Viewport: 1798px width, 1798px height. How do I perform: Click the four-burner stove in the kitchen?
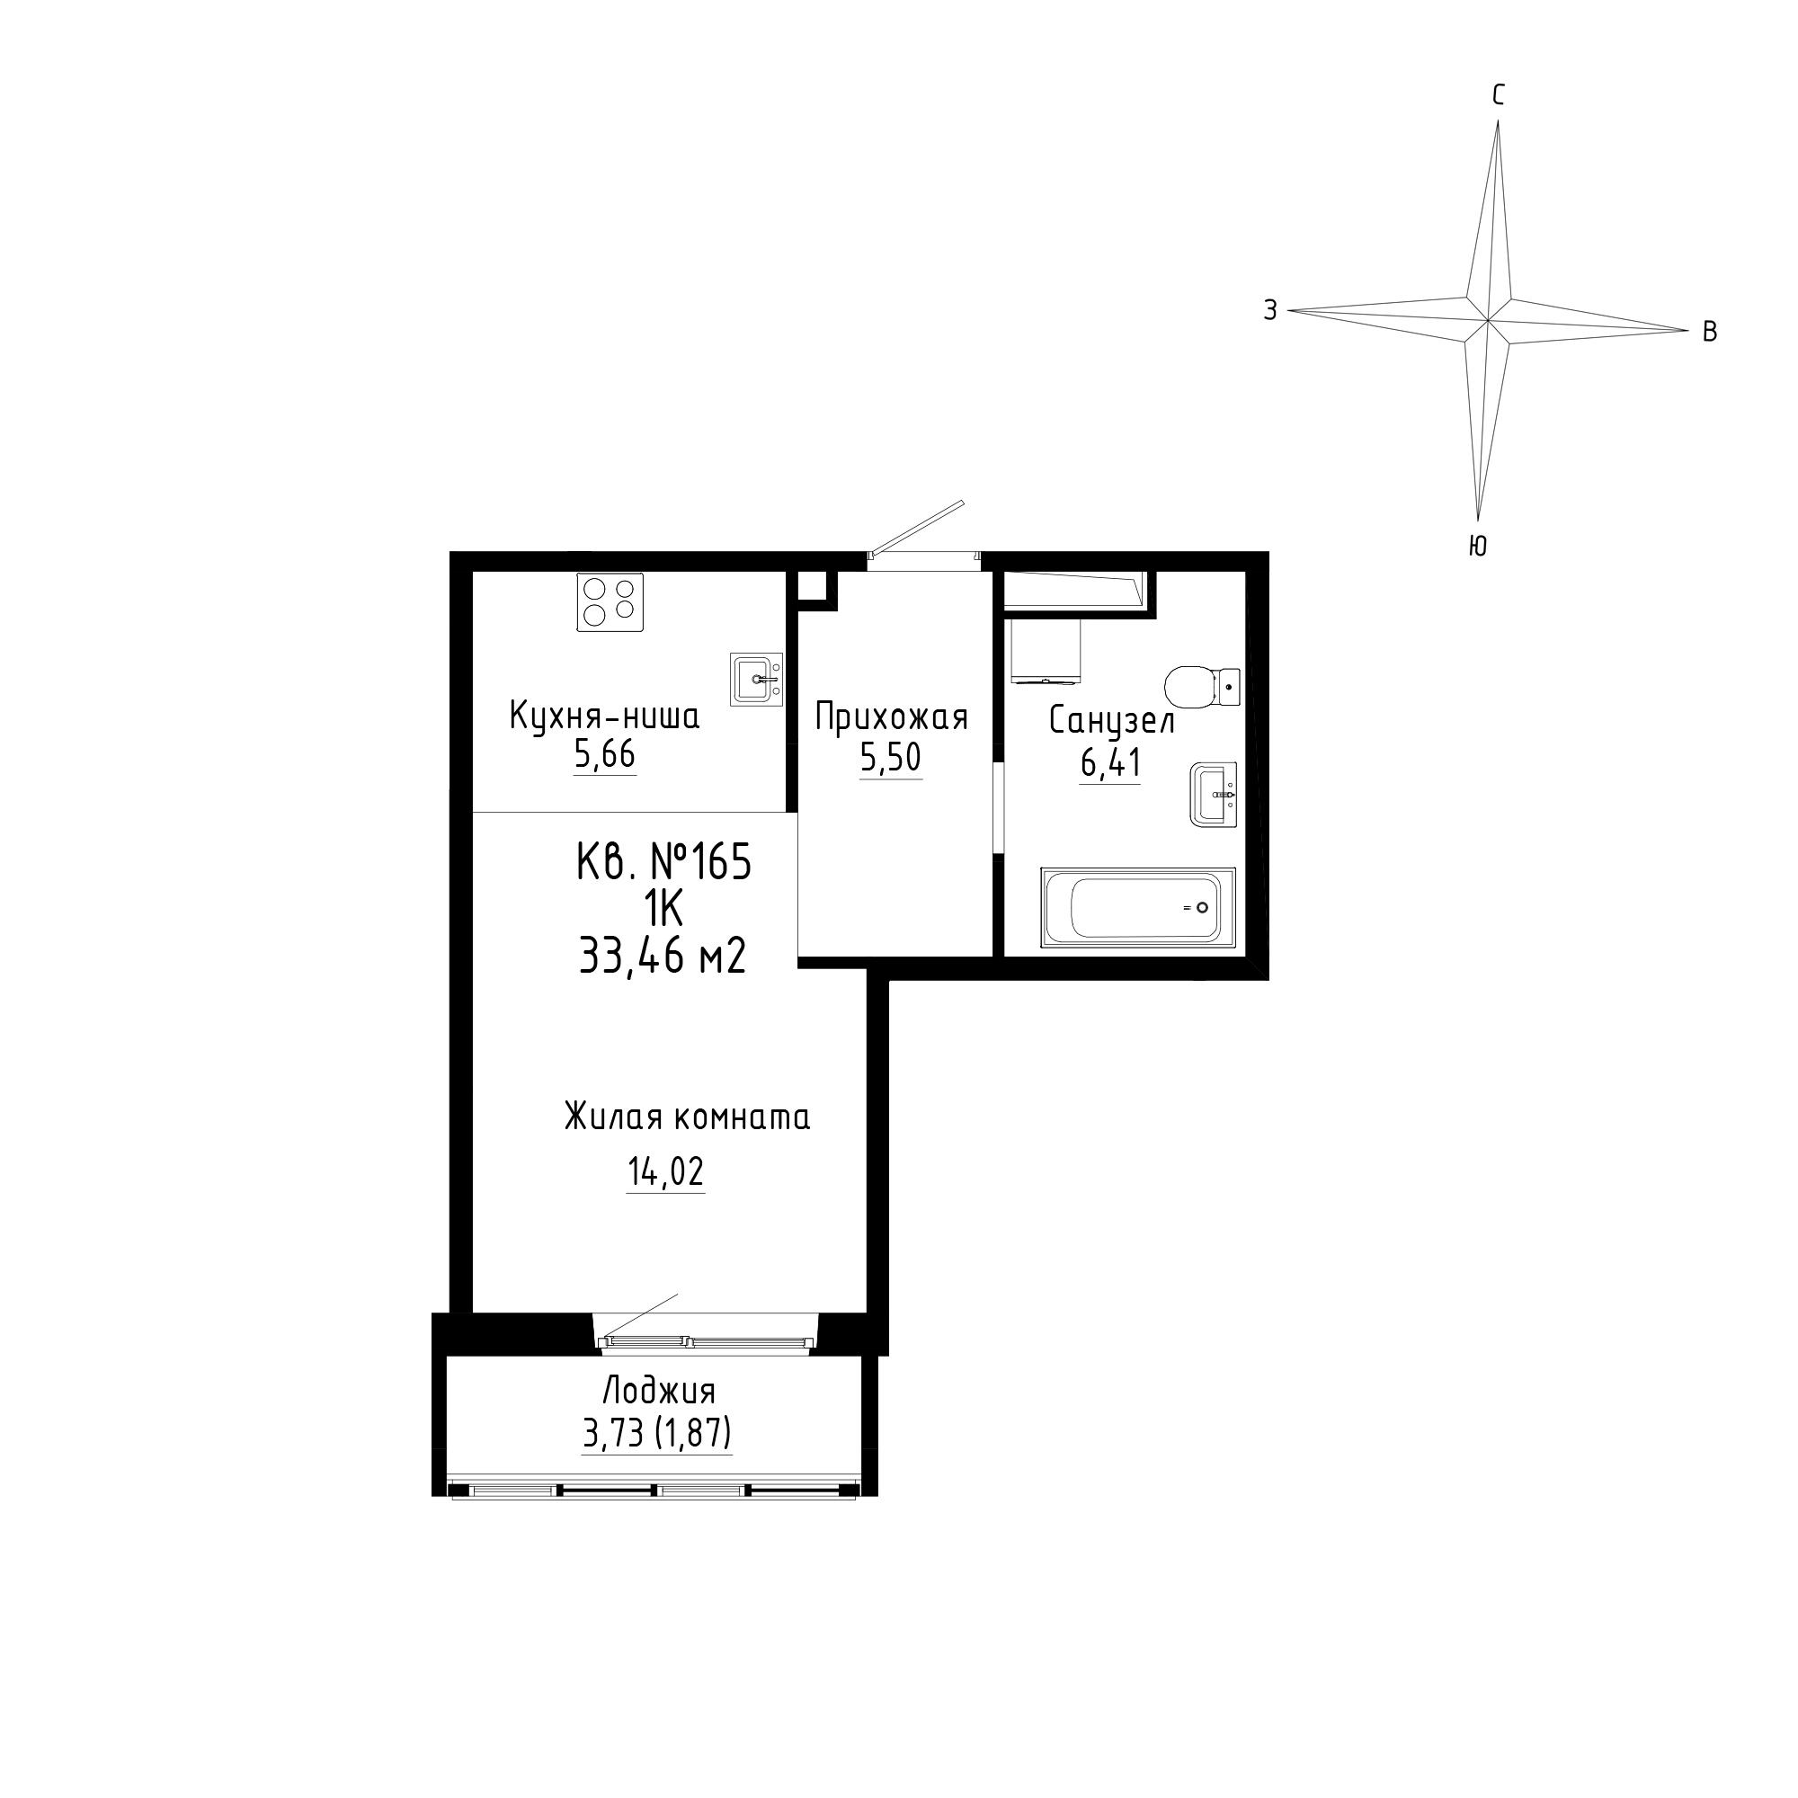pyautogui.click(x=610, y=602)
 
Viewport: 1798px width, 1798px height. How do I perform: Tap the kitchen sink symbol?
pyautogui.click(x=757, y=680)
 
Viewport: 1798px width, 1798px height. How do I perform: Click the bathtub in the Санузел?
pyautogui.click(x=1137, y=907)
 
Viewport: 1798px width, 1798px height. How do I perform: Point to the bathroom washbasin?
pyautogui.click(x=1214, y=794)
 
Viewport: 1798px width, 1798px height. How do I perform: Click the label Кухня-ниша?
pyautogui.click(x=605, y=717)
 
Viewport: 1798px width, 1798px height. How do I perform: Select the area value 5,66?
pyautogui.click(x=605, y=756)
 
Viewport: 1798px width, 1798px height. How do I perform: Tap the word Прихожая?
pyautogui.click(x=892, y=717)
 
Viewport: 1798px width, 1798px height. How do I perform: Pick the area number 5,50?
pyautogui.click(x=891, y=759)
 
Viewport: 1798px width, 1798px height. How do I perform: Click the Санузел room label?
pyautogui.click(x=1112, y=721)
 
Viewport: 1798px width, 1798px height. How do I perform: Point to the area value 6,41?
pyautogui.click(x=1110, y=763)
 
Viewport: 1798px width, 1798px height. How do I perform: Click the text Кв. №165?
pyautogui.click(x=663, y=863)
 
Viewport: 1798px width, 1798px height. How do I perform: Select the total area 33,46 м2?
pyautogui.click(x=663, y=955)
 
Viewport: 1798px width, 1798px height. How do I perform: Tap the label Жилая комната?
pyautogui.click(x=688, y=1117)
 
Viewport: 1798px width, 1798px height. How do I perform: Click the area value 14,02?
pyautogui.click(x=665, y=1172)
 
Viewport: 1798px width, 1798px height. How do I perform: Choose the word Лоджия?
pyautogui.click(x=660, y=1392)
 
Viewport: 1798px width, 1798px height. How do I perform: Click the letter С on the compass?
pyautogui.click(x=1499, y=96)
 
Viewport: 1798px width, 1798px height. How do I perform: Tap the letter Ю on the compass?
pyautogui.click(x=1477, y=547)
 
